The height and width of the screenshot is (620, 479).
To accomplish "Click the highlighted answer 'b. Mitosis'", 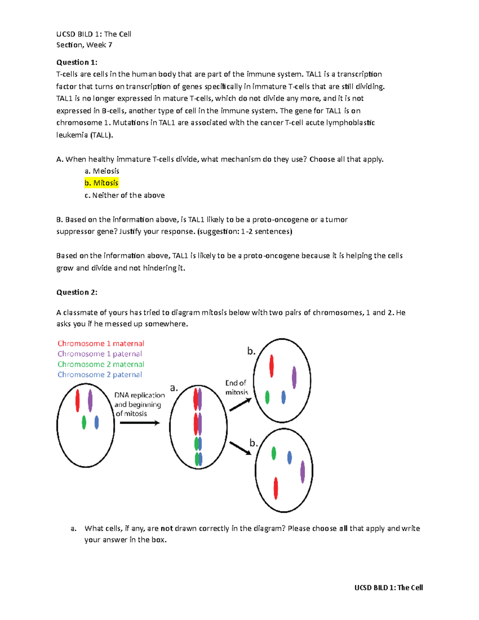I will [x=101, y=183].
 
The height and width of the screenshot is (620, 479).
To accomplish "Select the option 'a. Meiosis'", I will [x=102, y=171].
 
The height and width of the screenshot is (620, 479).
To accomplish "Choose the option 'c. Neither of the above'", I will [x=125, y=195].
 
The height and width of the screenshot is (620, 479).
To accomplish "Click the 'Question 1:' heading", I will [x=77, y=62].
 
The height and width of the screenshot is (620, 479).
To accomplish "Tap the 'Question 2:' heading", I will [x=77, y=292].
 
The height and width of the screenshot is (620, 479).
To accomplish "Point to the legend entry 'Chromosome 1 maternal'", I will [x=101, y=343].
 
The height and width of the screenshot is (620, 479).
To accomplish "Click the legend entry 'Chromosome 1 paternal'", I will [x=99, y=354].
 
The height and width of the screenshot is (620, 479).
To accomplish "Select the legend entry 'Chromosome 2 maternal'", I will [x=101, y=364].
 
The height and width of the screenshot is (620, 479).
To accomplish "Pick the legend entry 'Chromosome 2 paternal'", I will [x=99, y=374].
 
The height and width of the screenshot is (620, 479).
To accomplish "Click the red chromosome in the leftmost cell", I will [x=77, y=400].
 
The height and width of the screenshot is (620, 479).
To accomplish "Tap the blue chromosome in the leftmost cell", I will [x=97, y=422].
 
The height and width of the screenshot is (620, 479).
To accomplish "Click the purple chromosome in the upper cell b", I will [x=294, y=377].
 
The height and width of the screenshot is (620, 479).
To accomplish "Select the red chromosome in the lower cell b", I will [x=275, y=488].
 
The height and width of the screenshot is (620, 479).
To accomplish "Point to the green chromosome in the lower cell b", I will [x=274, y=453].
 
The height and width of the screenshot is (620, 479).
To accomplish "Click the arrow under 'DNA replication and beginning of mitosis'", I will [x=140, y=423].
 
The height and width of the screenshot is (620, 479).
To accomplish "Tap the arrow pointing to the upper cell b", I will [x=240, y=404].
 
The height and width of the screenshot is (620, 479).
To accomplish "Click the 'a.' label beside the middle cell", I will [x=174, y=388].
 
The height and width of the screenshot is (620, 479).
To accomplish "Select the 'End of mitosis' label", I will [x=236, y=387].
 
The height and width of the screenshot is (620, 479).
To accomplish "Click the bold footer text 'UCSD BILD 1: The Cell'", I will [x=388, y=588].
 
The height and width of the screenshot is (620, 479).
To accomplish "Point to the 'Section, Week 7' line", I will [x=84, y=45].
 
